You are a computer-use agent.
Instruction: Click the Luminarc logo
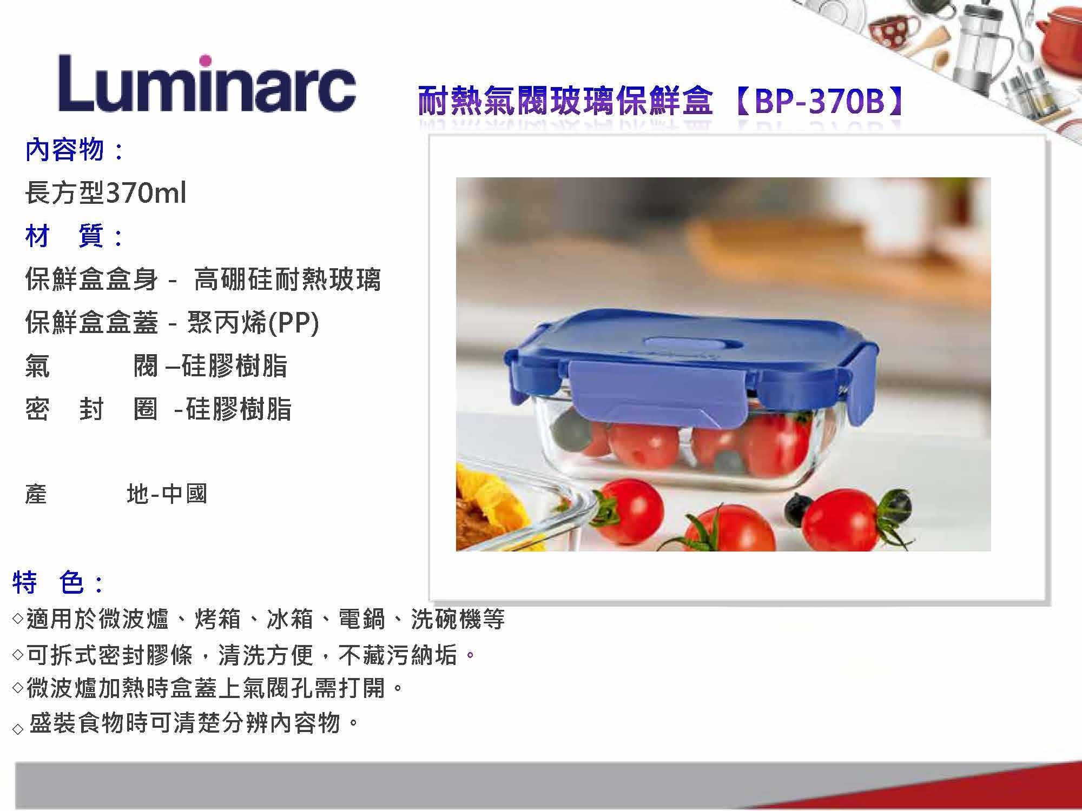(207, 83)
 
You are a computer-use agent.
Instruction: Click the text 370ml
(146, 192)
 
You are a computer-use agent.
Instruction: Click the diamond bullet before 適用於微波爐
(18, 619)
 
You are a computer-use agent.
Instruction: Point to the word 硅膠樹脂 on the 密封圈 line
(239, 409)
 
